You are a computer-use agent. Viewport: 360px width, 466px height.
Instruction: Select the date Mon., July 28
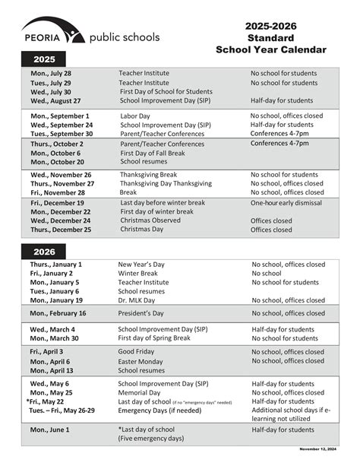(51, 73)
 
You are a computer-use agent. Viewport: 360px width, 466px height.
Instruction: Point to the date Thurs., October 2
(57, 144)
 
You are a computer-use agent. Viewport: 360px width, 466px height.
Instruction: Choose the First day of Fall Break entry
(153, 153)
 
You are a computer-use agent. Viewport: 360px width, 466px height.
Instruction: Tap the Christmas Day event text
(141, 230)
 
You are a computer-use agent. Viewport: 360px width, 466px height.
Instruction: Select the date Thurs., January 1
(56, 265)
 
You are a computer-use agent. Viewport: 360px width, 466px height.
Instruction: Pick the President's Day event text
(142, 313)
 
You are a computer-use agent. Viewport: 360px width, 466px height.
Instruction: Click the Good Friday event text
(137, 352)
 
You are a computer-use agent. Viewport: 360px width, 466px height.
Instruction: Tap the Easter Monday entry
(142, 362)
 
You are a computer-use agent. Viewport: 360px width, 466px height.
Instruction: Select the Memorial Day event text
(141, 392)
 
